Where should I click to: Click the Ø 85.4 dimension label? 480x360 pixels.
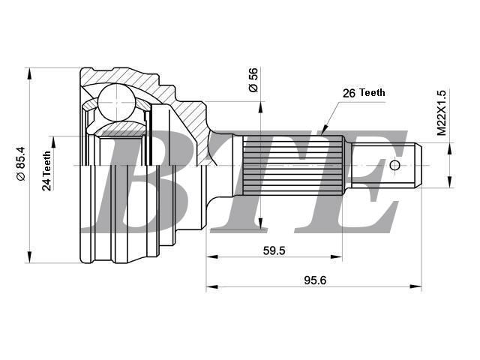pyautogui.click(x=22, y=163)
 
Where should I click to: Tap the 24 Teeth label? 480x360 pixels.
pyautogui.click(x=46, y=171)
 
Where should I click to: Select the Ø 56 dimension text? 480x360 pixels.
pyautogui.click(x=253, y=79)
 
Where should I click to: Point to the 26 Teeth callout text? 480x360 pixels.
pyautogui.click(x=364, y=93)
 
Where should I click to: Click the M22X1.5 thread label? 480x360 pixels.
pyautogui.click(x=442, y=112)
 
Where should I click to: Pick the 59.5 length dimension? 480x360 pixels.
pyautogui.click(x=274, y=250)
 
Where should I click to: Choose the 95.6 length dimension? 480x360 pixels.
pyautogui.click(x=315, y=280)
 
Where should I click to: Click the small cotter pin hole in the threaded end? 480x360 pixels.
pyautogui.click(x=395, y=165)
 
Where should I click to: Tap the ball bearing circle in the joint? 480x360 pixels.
pyautogui.click(x=117, y=102)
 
